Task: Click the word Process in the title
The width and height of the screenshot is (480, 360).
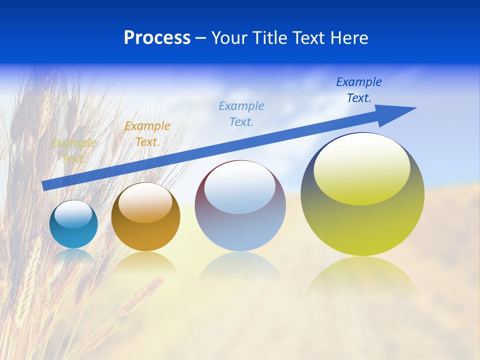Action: [x=157, y=38]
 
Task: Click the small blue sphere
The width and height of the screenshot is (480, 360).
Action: [x=73, y=224]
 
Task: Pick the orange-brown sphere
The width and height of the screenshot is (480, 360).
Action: [x=145, y=217]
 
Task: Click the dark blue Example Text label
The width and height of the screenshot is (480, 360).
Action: [x=359, y=90]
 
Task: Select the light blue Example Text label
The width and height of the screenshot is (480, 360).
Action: [x=241, y=113]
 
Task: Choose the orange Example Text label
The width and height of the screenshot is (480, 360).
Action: [x=147, y=134]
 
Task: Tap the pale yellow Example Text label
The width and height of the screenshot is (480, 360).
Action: [x=73, y=150]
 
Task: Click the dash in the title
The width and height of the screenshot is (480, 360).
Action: [x=200, y=38]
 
